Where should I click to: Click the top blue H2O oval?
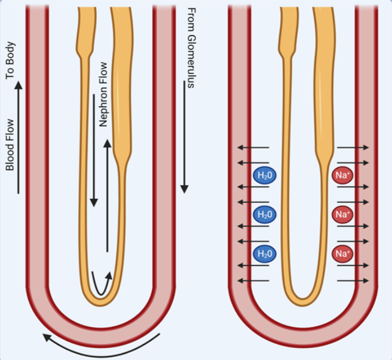[265, 175]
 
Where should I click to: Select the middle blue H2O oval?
[265, 214]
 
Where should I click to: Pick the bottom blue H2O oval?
[265, 253]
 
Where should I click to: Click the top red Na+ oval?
[342, 175]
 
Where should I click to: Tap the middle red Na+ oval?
[342, 214]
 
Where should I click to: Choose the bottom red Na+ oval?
[342, 253]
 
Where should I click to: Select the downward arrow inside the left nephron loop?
[94, 178]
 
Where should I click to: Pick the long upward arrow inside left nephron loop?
[107, 194]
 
